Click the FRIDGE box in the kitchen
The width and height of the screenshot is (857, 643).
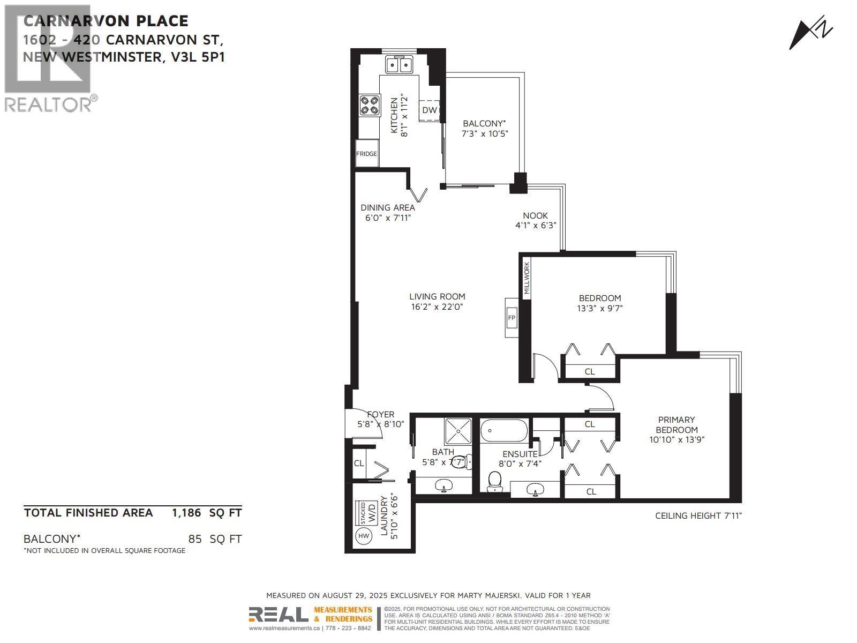point(367,154)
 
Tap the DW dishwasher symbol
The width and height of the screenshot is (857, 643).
point(430,110)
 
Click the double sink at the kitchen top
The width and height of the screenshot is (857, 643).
point(400,65)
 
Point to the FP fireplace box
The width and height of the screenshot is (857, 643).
point(512,318)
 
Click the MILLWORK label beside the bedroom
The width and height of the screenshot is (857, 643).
point(526,278)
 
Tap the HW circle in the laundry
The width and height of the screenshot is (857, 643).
point(364,535)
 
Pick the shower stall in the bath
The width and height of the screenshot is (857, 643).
point(458,431)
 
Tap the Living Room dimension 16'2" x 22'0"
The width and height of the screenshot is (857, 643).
point(437,307)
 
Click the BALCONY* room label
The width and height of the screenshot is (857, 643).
point(484,123)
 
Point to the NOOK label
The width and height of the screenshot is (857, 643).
point(536,215)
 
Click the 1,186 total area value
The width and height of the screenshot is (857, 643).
point(186,513)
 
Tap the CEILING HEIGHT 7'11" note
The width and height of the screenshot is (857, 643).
point(698,515)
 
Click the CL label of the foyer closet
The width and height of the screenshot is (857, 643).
point(358,463)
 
